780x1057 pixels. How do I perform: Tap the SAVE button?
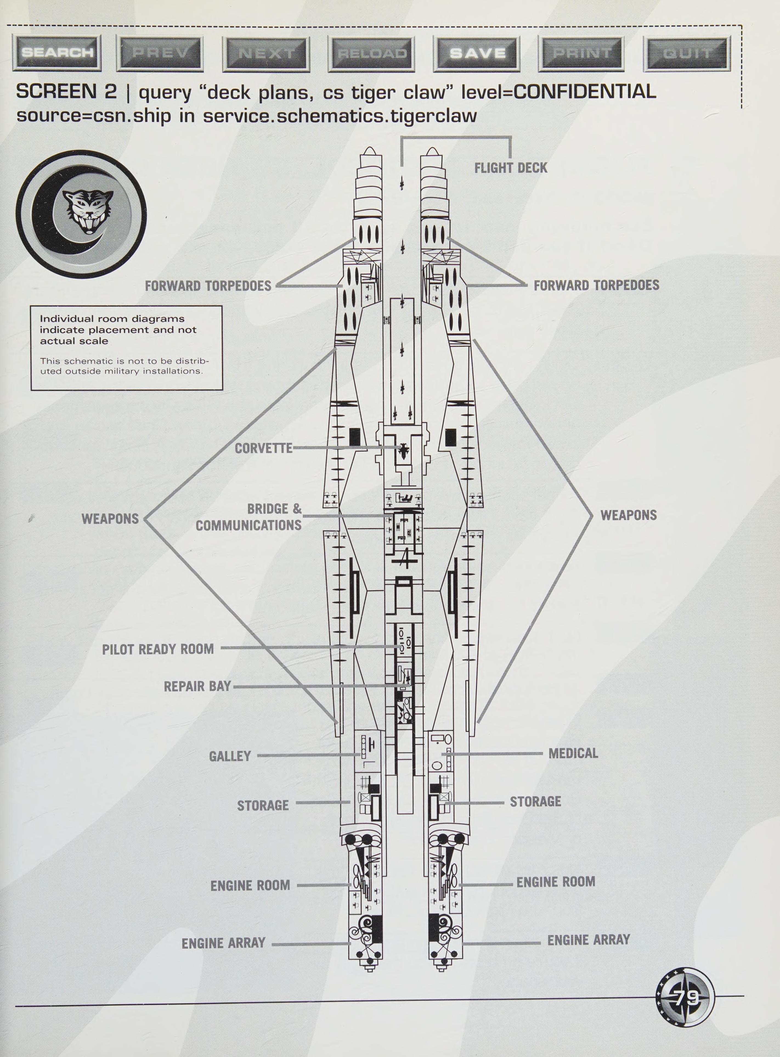point(477,53)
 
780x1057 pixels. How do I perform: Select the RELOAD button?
point(372,53)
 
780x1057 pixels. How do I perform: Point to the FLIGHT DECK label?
point(511,168)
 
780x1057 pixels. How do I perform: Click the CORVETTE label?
point(264,448)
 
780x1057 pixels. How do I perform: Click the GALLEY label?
point(230,756)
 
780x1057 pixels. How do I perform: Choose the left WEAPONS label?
point(110,519)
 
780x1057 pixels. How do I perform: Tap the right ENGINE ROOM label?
point(556,882)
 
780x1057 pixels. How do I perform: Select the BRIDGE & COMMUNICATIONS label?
point(249,517)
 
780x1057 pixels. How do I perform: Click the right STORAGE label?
point(535,801)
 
